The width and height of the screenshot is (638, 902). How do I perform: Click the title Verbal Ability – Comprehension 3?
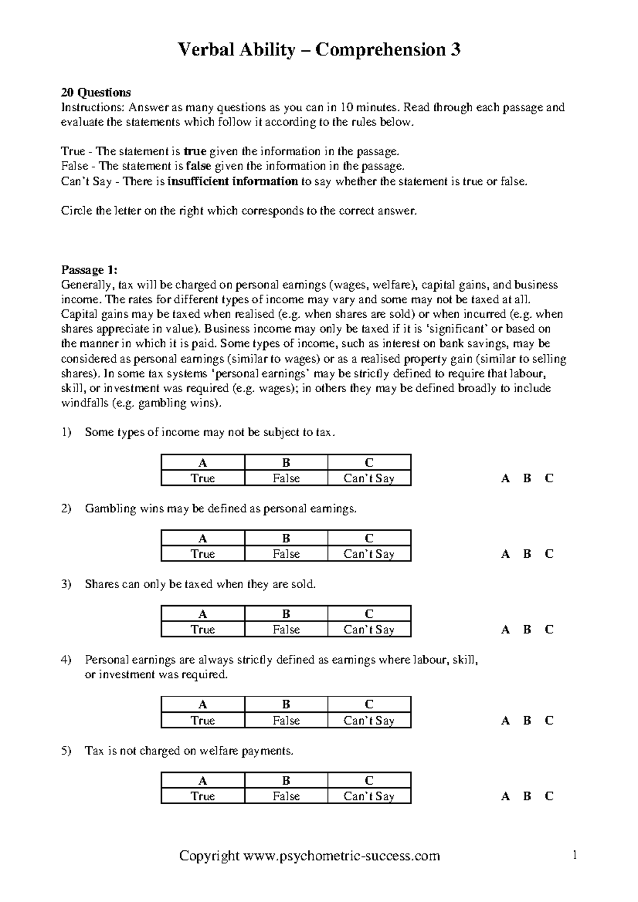319,50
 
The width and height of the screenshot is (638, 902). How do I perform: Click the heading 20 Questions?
96,92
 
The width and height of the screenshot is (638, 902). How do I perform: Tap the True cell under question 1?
203,478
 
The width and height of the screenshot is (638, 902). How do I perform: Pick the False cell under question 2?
286,554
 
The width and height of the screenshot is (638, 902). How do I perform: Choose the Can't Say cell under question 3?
369,629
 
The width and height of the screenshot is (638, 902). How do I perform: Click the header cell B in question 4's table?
286,704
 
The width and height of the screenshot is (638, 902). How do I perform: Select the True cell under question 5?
203,796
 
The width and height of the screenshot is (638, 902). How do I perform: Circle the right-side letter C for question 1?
549,478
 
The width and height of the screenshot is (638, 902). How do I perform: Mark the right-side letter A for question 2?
505,554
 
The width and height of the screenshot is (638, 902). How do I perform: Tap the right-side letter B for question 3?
527,629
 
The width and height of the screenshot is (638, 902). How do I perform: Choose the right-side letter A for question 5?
505,796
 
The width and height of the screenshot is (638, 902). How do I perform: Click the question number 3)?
66,584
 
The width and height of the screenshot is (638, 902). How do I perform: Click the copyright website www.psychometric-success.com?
341,856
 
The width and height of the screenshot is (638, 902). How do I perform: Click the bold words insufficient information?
232,181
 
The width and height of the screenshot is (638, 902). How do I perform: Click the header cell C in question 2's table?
369,538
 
